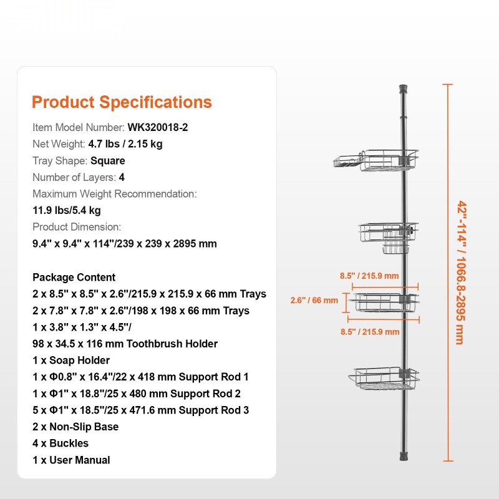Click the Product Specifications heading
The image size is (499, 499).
tap(122, 102)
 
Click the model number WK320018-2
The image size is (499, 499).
tap(158, 127)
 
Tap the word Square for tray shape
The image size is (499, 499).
tap(108, 161)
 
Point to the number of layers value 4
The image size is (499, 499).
tap(122, 177)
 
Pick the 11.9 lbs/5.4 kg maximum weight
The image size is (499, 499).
tap(67, 210)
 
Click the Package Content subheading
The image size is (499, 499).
tap(74, 278)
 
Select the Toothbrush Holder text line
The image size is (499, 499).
tap(125, 344)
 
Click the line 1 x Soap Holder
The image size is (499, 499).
tap(71, 361)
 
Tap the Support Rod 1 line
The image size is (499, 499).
tap(140, 377)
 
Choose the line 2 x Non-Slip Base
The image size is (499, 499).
tap(75, 427)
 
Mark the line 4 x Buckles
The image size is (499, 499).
tap(61, 443)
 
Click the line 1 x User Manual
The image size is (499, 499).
tap(71, 460)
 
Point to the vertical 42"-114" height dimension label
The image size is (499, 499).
tap(460, 272)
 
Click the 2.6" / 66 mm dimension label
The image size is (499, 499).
tap(314, 300)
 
